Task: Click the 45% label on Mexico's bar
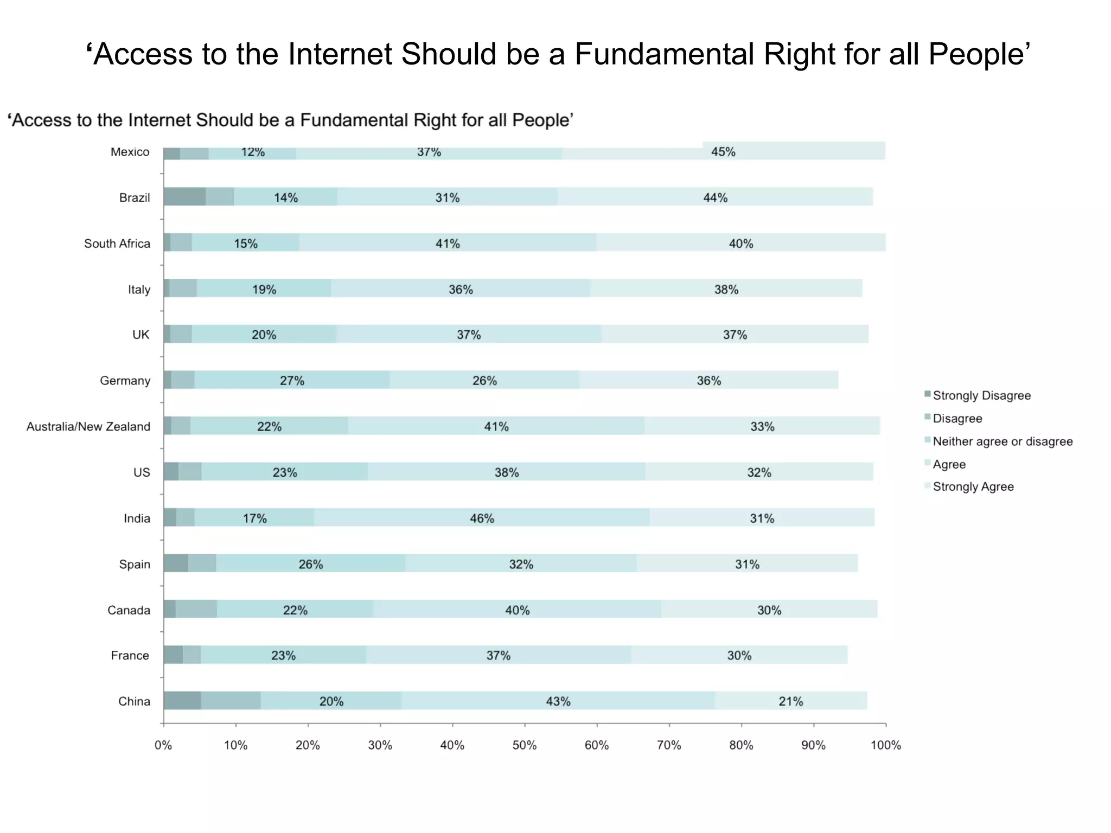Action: coord(723,152)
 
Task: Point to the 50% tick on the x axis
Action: coord(525,745)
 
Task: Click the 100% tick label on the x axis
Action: coord(885,745)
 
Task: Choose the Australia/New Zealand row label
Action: coord(88,427)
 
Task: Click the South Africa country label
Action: coord(117,244)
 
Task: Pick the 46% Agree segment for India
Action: coord(482,518)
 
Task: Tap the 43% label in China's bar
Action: coord(558,701)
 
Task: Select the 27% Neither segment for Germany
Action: coord(292,380)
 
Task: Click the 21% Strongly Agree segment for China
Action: coord(790,701)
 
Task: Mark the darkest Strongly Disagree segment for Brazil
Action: coord(184,197)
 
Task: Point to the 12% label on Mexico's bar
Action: coord(253,152)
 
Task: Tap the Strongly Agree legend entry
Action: coord(973,487)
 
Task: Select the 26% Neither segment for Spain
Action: coord(310,564)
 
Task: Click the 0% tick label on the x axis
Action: coord(163,745)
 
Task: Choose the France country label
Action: coord(130,656)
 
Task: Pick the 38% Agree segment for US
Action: coord(506,472)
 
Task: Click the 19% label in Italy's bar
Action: coord(264,289)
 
